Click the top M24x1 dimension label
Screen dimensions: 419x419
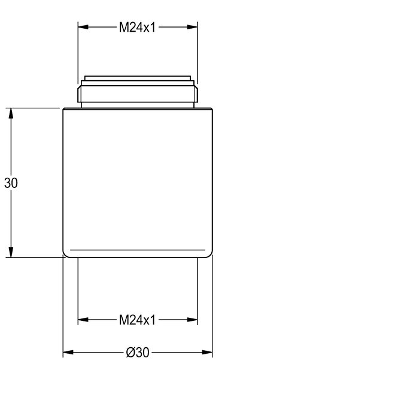[137, 28]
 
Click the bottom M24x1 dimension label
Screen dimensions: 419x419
[137, 320]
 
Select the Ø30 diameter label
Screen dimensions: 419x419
[138, 353]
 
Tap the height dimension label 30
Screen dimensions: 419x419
[11, 183]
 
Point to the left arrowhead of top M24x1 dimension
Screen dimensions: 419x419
[83, 27]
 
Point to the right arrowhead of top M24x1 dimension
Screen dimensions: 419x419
[192, 27]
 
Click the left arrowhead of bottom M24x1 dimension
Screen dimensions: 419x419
[83, 320]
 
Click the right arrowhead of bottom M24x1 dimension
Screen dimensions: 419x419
[192, 320]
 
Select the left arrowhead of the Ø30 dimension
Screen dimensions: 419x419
[68, 352]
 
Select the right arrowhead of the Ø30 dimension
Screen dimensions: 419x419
[207, 352]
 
